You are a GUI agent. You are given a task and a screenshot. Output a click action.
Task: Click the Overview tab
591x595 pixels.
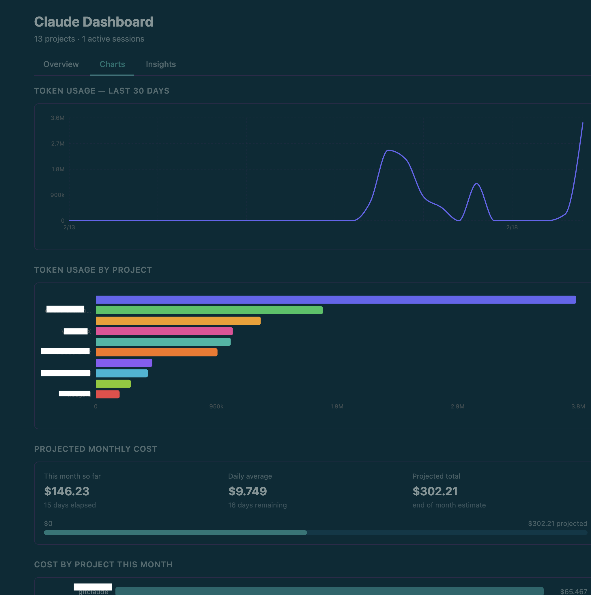coord(61,64)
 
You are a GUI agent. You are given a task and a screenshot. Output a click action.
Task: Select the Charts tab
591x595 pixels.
coord(112,64)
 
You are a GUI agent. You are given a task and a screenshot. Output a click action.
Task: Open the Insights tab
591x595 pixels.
coord(161,64)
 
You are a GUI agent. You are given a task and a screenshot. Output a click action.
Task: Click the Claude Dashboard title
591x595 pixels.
coord(93,22)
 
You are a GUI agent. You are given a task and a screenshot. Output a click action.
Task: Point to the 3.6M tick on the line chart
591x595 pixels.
coord(57,118)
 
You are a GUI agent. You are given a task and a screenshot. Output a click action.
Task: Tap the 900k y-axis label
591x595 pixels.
coord(57,195)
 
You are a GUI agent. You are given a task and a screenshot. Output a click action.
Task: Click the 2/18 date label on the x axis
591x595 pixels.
coord(512,227)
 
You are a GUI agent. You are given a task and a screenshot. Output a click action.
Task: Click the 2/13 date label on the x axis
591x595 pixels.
coord(69,227)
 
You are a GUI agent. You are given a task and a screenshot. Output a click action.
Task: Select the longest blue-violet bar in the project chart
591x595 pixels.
coord(335,300)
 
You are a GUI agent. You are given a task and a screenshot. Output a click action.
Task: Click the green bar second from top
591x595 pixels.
coord(209,310)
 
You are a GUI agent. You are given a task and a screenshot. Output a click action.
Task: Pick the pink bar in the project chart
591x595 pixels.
coord(164,331)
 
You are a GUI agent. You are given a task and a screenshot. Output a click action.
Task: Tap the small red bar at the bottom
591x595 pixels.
coord(107,394)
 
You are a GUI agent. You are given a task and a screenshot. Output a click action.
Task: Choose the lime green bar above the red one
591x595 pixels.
coord(113,384)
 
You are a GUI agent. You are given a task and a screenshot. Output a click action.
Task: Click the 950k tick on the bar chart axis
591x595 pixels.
coord(216,406)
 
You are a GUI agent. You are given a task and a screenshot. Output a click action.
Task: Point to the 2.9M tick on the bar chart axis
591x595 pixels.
coord(457,406)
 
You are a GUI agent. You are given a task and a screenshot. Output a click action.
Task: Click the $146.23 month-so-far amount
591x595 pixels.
coord(66,491)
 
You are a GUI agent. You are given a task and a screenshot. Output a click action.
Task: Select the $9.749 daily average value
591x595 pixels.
coord(247,491)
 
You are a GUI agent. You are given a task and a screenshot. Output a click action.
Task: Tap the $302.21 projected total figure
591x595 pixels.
coord(435,491)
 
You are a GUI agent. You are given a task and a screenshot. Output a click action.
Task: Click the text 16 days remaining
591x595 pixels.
coord(257,505)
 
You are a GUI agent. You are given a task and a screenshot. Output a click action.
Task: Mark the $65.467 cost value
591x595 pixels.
coord(573,591)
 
